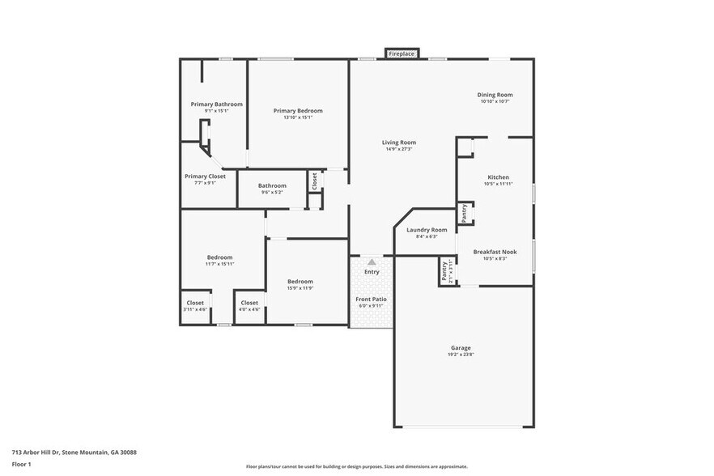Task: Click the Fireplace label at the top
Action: (402, 54)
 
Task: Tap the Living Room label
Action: (398, 142)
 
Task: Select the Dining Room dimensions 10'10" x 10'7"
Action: (495, 101)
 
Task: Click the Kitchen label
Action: (498, 177)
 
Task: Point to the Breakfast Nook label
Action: (495, 252)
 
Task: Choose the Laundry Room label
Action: (426, 230)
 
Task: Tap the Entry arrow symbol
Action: (372, 262)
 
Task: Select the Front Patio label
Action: (372, 299)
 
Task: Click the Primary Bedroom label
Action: (298, 111)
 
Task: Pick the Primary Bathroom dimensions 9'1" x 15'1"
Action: (216, 111)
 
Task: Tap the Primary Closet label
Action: (205, 176)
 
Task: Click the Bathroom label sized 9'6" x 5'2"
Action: (272, 185)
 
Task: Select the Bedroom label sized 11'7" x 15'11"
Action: (219, 257)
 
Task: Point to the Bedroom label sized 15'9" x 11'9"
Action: (300, 281)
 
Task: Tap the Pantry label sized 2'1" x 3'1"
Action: (444, 271)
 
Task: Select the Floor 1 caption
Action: (21, 464)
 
